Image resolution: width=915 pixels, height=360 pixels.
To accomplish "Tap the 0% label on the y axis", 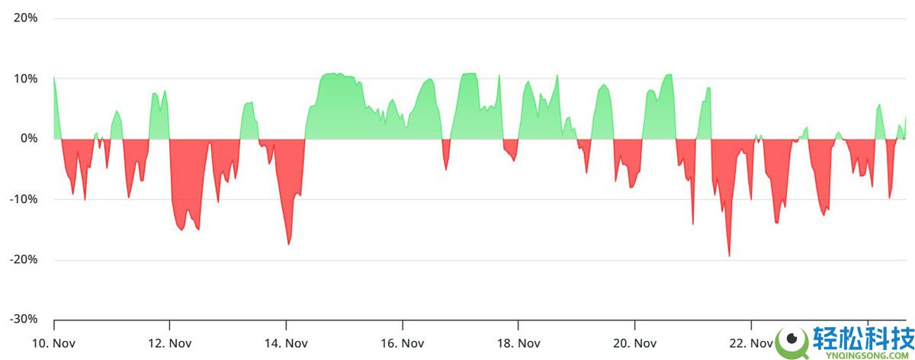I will click(x=30, y=138).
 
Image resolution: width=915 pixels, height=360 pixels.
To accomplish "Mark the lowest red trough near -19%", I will click(x=729, y=255).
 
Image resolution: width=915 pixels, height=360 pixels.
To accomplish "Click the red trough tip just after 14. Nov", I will click(x=288, y=243).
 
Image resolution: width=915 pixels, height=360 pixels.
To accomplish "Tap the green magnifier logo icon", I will click(x=792, y=339).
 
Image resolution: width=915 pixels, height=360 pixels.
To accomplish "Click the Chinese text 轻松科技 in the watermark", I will click(x=865, y=336).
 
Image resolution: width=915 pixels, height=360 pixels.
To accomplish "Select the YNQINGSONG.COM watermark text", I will click(x=865, y=352).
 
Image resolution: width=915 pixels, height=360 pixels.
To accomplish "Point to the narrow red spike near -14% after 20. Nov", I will click(x=693, y=223).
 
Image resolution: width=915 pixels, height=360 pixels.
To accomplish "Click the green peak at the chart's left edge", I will click(x=54, y=77).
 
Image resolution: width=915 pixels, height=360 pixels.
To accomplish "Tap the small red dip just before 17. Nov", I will click(x=446, y=168).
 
